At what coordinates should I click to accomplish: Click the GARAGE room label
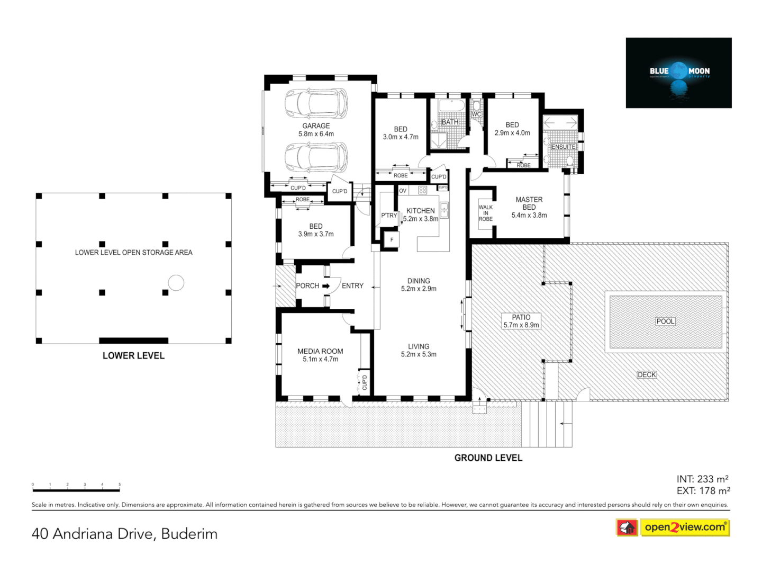point(316,126)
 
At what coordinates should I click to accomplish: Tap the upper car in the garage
point(316,103)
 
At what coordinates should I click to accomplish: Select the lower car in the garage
point(316,157)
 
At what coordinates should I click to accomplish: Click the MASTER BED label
point(529,203)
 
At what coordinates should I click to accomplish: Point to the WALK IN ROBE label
point(485,213)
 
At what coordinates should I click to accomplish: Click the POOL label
point(665,321)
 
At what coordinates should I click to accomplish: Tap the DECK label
point(647,374)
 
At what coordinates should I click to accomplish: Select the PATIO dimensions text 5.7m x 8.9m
point(521,325)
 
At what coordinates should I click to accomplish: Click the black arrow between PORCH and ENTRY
point(326,286)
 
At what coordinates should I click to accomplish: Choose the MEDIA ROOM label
point(320,351)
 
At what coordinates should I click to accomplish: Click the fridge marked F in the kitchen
point(392,239)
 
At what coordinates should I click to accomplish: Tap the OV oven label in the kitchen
point(403,191)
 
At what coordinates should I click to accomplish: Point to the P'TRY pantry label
point(389,216)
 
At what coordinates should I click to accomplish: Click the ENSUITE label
point(563,147)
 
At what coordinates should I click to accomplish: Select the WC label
point(476,114)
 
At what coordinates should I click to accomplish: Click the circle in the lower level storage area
point(176,283)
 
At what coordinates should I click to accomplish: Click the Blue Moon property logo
point(678,73)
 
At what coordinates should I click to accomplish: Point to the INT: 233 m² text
point(702,479)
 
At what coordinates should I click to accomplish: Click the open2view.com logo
point(684,527)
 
